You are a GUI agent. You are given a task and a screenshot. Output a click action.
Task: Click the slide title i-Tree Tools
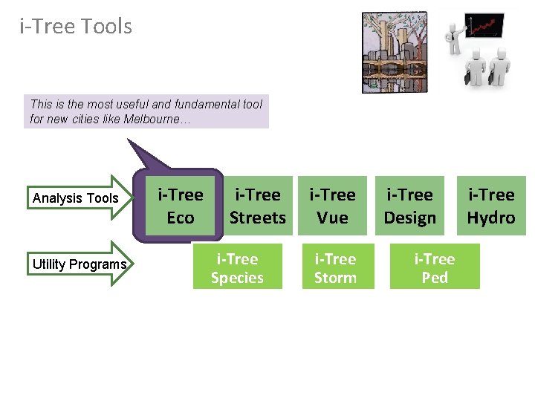[76, 27]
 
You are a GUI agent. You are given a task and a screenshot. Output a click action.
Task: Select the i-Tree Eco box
[180, 206]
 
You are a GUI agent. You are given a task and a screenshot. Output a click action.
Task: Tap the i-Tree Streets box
[257, 206]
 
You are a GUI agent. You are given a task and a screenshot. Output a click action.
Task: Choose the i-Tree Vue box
[332, 206]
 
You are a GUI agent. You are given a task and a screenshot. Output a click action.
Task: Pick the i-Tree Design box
[409, 206]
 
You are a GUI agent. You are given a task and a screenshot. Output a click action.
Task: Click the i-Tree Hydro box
[490, 206]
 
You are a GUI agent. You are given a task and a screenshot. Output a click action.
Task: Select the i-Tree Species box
[237, 268]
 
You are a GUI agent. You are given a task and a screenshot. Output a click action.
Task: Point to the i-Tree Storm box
[335, 268]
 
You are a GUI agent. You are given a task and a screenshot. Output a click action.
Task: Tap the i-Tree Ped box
[435, 268]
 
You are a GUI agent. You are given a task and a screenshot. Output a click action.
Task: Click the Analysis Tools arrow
[79, 198]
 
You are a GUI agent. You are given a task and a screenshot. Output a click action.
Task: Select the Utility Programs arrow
[79, 264]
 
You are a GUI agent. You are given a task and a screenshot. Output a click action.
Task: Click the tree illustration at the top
[394, 52]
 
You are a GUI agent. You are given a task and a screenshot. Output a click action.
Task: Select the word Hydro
[490, 218]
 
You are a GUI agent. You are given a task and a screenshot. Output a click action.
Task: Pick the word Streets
[257, 218]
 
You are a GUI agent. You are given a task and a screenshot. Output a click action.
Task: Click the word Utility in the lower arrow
[48, 264]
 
